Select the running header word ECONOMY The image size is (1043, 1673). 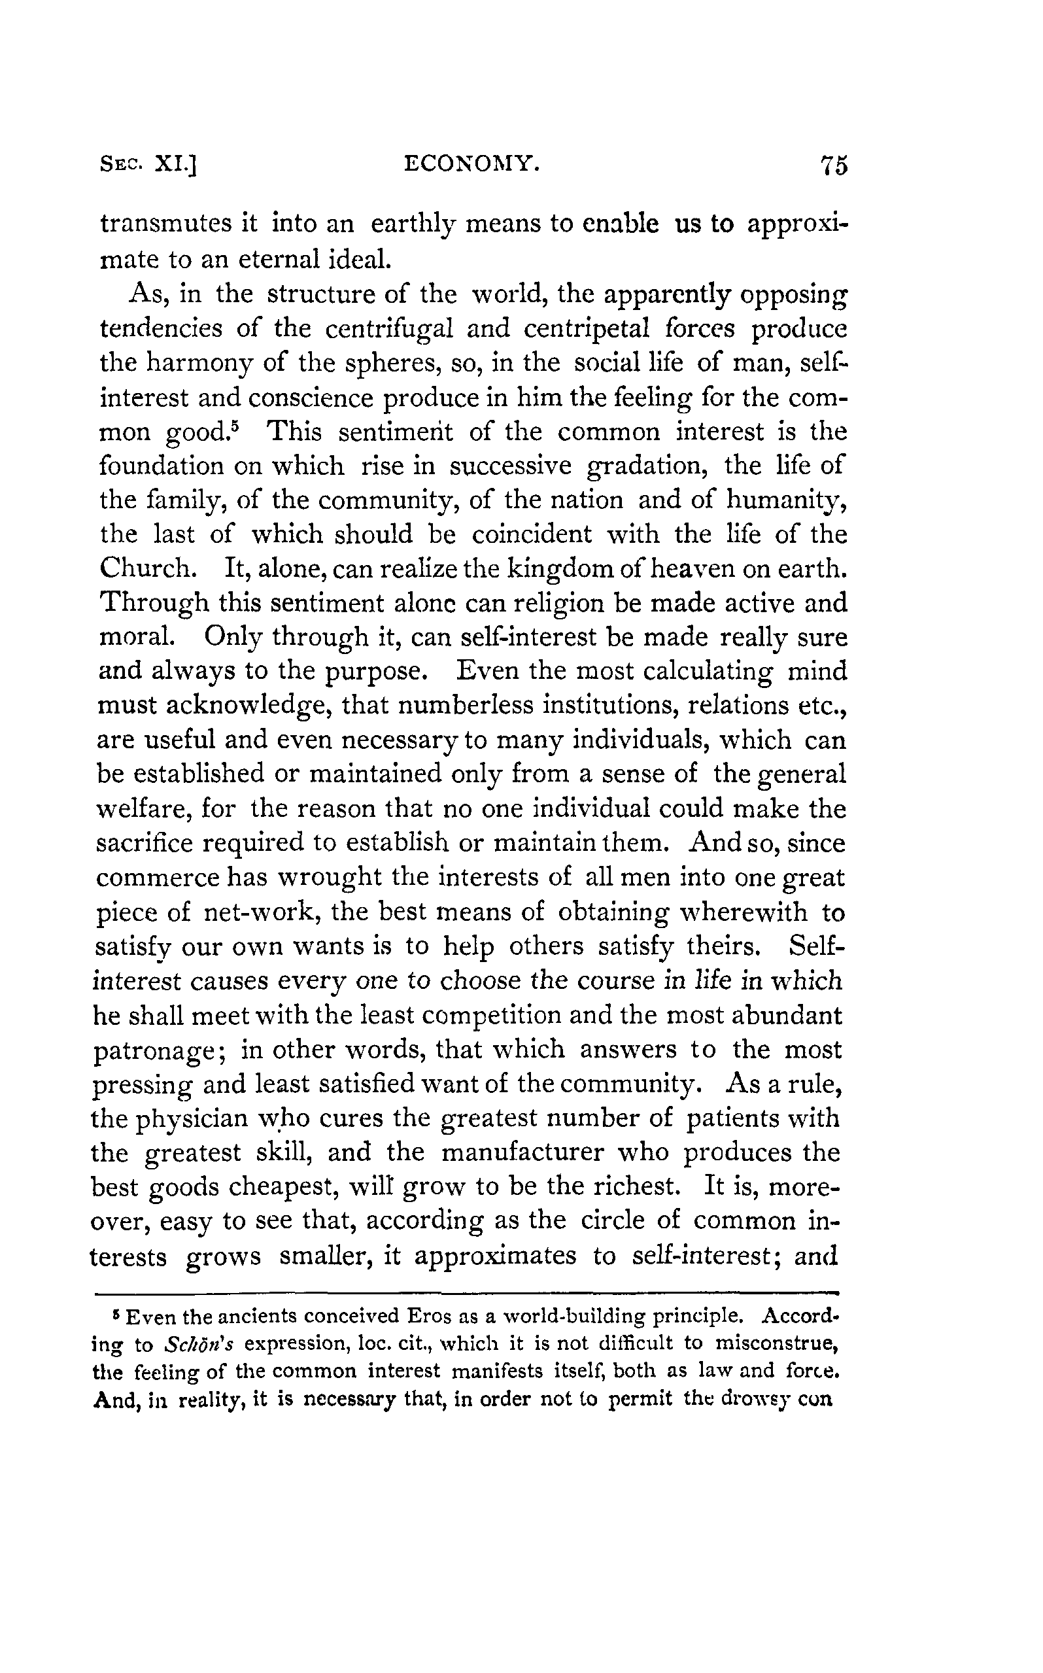470,164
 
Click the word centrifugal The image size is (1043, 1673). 389,328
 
